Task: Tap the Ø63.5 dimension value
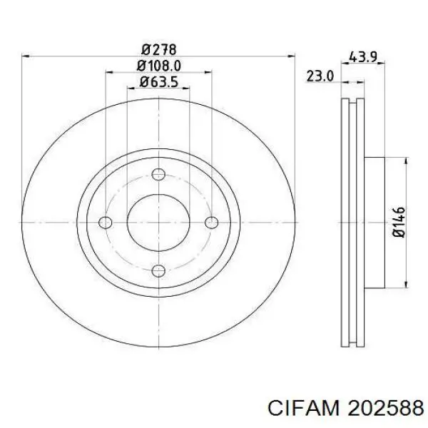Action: (158, 81)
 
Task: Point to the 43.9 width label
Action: (363, 56)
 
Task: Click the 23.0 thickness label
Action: (320, 76)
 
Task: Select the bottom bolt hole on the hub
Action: (158, 270)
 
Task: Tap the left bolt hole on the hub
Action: (106, 223)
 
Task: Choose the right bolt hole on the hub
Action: (211, 223)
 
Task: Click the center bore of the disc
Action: (158, 223)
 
